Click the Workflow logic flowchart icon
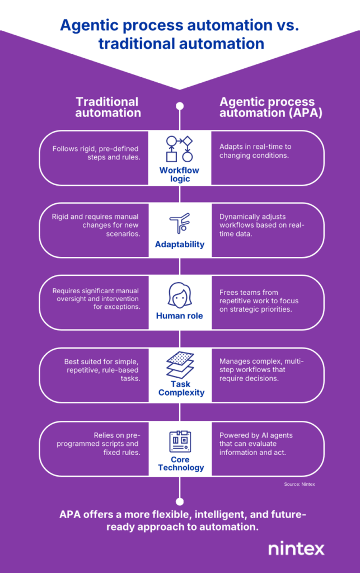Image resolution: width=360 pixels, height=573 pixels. coord(179,149)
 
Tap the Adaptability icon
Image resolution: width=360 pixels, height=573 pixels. coord(179,223)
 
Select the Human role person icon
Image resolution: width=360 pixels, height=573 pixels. coord(179,295)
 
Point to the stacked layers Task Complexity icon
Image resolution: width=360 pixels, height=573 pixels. coord(180,365)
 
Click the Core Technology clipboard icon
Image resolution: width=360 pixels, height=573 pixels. coord(180,441)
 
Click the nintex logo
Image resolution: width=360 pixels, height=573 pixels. coord(296,548)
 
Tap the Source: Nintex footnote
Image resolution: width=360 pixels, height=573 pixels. coord(299,484)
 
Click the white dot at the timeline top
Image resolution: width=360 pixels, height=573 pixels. coord(180,106)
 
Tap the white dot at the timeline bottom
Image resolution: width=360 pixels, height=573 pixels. coord(180,501)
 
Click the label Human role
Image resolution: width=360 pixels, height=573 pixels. coord(180,316)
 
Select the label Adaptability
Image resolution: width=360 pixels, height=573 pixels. coord(180,245)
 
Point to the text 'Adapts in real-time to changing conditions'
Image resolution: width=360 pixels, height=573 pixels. coord(255,151)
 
